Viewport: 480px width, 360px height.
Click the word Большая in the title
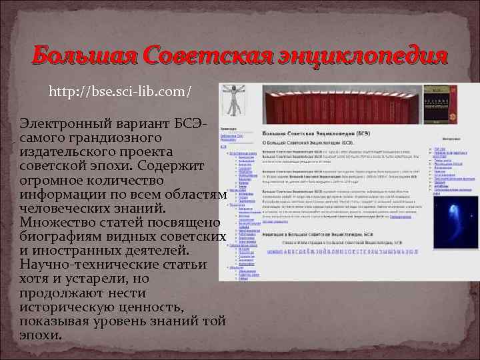(x=75, y=55)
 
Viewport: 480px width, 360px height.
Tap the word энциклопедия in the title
(x=361, y=55)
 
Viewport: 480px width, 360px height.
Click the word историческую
(x=75, y=307)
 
